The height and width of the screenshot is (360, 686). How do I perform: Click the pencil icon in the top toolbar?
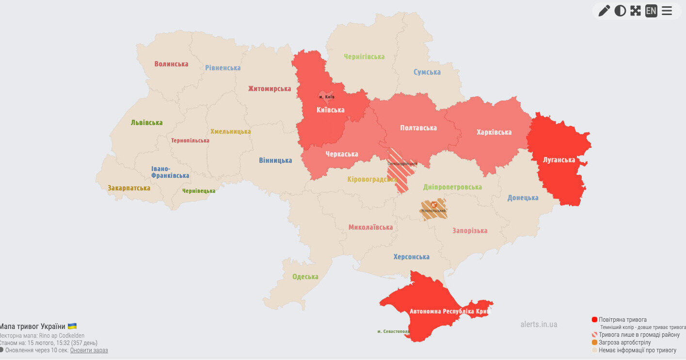click(604, 11)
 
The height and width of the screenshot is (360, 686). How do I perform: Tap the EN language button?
click(651, 11)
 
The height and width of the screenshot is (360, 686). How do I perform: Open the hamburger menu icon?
click(667, 11)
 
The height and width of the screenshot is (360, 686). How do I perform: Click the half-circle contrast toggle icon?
click(620, 11)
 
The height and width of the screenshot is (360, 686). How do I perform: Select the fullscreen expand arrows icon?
click(636, 11)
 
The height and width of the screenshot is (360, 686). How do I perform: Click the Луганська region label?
click(559, 160)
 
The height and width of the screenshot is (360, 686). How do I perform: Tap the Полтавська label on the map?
click(418, 128)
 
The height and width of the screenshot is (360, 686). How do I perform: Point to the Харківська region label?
click(494, 132)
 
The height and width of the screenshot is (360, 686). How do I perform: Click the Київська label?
click(330, 110)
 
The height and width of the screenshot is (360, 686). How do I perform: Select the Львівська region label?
click(146, 123)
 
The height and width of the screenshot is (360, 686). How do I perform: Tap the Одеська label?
click(305, 277)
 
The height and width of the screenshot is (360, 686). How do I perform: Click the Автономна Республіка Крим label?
click(450, 311)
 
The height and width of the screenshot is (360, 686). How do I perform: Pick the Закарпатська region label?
click(129, 188)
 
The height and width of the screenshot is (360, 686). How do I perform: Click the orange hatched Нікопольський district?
click(433, 209)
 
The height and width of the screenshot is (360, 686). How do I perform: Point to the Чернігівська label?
click(364, 57)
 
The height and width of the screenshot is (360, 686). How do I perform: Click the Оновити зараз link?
click(89, 350)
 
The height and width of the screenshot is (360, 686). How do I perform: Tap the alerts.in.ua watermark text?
click(539, 324)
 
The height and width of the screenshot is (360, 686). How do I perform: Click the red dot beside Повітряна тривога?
click(594, 320)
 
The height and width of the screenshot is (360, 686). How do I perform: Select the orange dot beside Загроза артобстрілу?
click(594, 342)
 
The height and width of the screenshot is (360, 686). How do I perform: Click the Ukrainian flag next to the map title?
click(72, 326)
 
